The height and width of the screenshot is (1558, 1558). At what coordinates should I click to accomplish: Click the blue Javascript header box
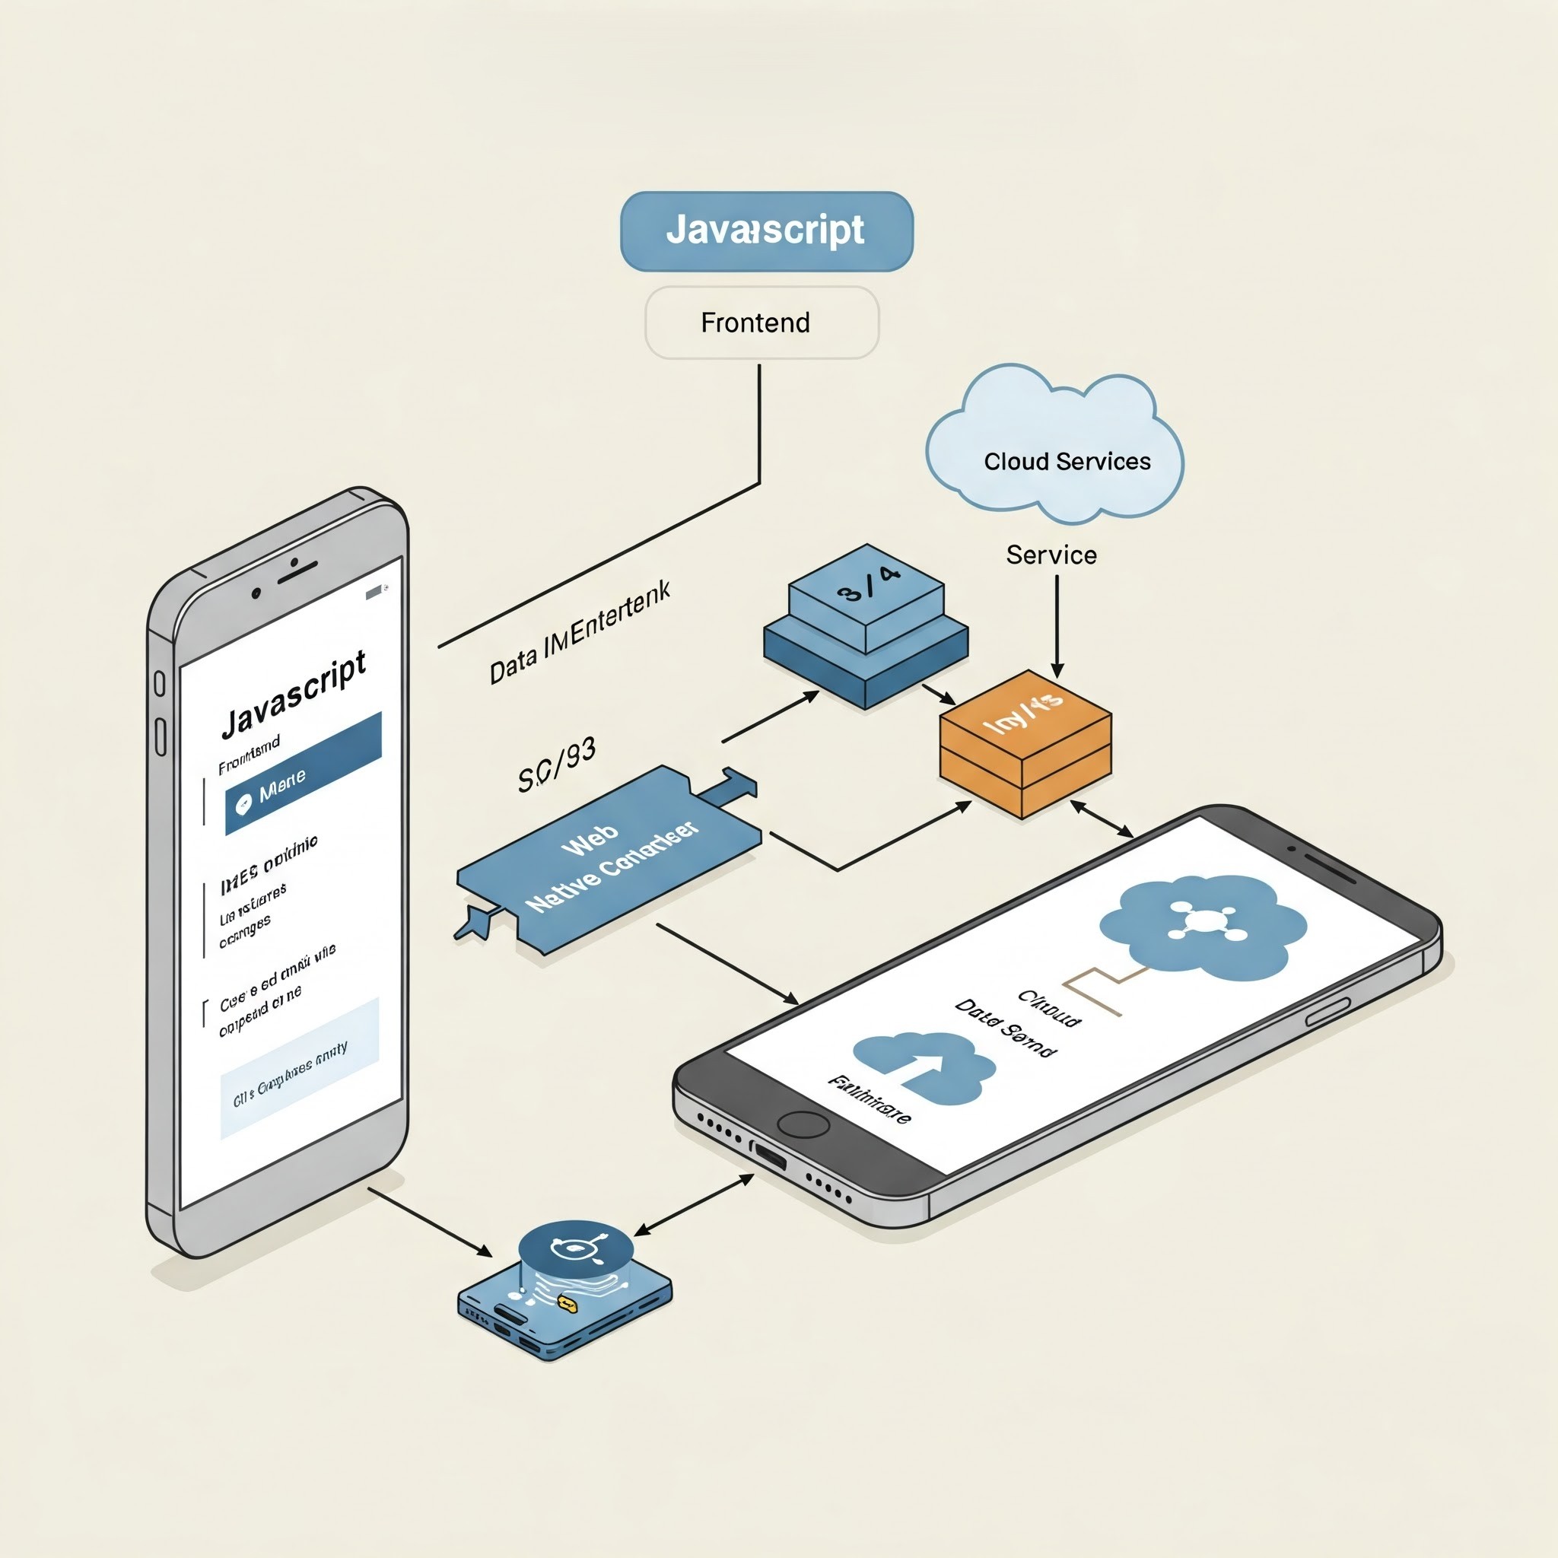(x=766, y=231)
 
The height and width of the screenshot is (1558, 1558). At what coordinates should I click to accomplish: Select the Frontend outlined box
(x=762, y=323)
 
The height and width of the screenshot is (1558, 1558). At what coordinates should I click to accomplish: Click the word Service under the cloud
(x=1051, y=555)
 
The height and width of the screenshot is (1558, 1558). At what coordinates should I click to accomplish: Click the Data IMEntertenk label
(x=580, y=633)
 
